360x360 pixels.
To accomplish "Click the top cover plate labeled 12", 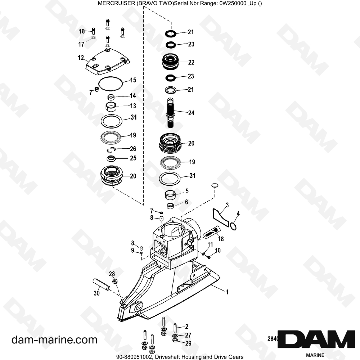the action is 107,62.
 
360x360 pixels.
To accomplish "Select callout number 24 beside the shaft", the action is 191,113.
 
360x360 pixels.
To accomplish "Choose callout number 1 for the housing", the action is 227,292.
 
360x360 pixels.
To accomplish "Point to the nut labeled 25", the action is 111,158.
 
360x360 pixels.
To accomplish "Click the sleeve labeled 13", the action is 111,107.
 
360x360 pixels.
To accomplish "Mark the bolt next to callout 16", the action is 94,31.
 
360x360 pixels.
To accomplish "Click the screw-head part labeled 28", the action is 115,281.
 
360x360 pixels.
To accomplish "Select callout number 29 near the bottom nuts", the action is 188,343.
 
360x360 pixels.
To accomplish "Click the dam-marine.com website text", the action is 54,340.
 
